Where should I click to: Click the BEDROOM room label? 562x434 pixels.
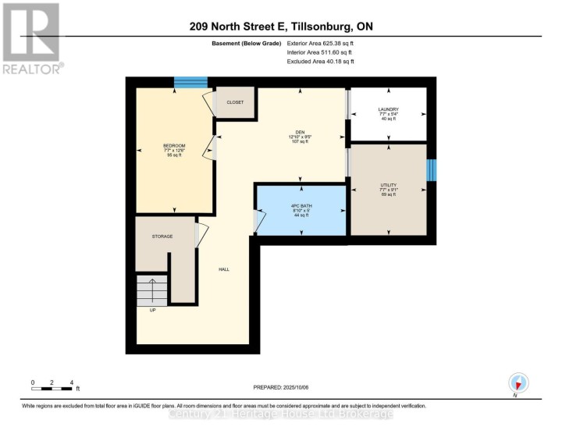(174, 146)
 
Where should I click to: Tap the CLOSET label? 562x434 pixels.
(235, 102)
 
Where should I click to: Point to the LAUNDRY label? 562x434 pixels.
(388, 109)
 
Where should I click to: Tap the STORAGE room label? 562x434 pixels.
(162, 236)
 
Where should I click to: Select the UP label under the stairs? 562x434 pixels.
(153, 310)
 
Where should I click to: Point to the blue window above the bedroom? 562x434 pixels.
(190, 81)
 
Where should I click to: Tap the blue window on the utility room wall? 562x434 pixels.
(431, 171)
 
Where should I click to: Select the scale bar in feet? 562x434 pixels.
(53, 386)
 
